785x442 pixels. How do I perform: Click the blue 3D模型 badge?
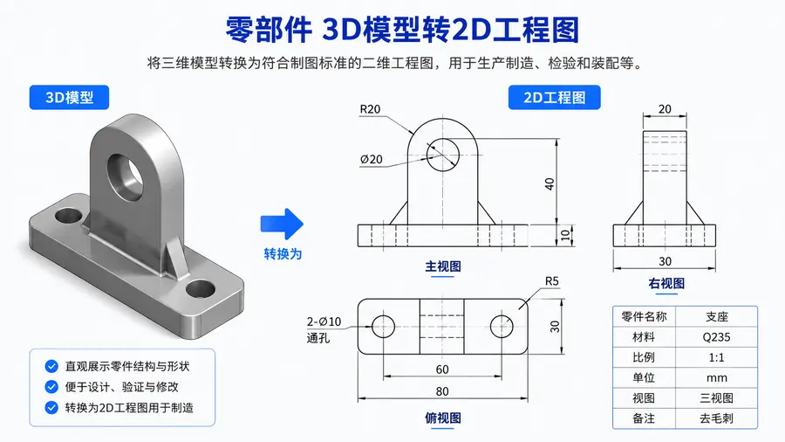point(69,97)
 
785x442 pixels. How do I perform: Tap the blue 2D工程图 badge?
point(554,97)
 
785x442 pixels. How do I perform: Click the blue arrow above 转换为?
point(282,224)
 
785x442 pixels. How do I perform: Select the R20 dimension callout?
point(370,109)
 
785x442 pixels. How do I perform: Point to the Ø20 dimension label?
point(371,159)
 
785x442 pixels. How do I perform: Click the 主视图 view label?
point(443,266)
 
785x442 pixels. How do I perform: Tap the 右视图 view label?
point(666,284)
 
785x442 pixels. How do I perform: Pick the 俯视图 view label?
point(443,418)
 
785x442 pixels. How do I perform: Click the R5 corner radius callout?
point(552,281)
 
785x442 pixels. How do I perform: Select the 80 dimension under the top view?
point(442,391)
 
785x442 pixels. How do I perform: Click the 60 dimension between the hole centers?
point(442,369)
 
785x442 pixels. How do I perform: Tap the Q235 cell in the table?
point(716,337)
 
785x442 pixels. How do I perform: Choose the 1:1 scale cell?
point(716,357)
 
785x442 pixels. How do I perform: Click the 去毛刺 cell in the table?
point(716,418)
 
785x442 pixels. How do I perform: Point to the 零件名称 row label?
point(644,317)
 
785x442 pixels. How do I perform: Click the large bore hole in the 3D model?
point(125,177)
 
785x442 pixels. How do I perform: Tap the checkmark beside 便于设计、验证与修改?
point(51,387)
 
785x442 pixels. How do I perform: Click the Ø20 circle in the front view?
point(443,139)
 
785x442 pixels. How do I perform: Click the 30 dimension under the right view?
point(665,261)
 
